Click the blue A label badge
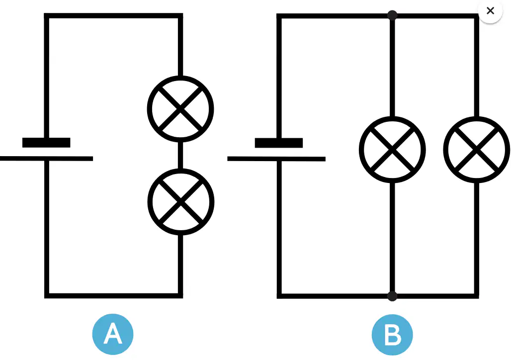tap(113, 334)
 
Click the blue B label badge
tap(392, 335)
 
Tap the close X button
tap(490, 11)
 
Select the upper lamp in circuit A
tap(180, 109)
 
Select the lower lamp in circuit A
tap(181, 202)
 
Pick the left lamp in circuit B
tap(392, 150)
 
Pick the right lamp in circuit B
tap(477, 150)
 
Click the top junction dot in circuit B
tap(392, 15)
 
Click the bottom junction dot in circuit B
tap(392, 296)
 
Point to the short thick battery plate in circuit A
tap(46, 143)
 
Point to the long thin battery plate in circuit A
tap(46, 159)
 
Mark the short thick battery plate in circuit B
tap(279, 143)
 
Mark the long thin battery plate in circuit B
tap(276, 159)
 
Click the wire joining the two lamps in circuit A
tap(180, 155)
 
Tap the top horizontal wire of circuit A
tap(113, 15)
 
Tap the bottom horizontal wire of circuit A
tap(113, 296)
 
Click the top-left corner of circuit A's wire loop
tap(46, 15)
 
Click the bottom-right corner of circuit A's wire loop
tap(180, 296)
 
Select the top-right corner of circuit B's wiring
tap(477, 16)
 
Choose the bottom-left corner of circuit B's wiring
tap(279, 296)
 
